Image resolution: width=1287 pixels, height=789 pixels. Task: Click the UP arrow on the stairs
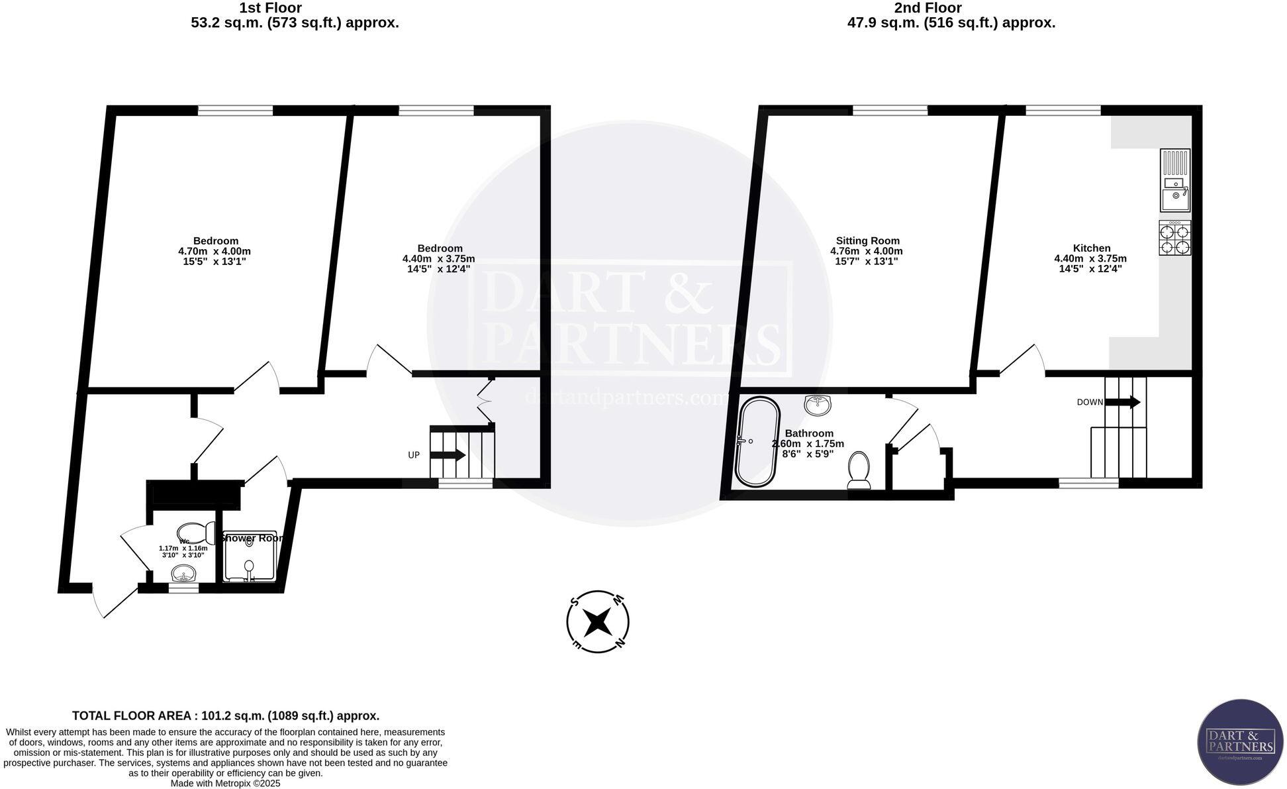point(448,455)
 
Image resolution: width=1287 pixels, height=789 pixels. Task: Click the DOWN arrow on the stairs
point(1123,402)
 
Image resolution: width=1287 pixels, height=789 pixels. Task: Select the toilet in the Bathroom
point(859,470)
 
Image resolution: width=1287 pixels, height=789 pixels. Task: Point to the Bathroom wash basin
point(819,405)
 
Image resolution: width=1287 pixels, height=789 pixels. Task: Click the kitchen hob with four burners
point(1174,238)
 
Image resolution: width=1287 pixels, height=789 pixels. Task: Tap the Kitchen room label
point(1091,248)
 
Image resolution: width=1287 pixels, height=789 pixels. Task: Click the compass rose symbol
point(598,621)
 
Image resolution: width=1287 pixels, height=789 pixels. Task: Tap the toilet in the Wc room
point(196,532)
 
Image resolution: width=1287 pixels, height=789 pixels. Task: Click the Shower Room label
point(254,538)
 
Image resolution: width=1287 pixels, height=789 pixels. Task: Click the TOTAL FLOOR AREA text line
point(225,715)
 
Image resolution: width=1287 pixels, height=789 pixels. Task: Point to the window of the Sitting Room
point(889,111)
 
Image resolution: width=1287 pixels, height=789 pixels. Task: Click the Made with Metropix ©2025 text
point(225,783)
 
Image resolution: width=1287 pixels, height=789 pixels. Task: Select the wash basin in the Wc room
point(183,572)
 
